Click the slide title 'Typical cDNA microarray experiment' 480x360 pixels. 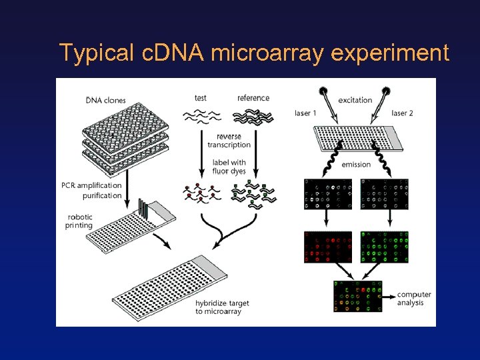coord(254,52)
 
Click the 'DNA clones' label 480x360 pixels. coord(105,101)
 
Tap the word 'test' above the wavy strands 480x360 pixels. coord(200,98)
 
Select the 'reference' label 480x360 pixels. coord(253,98)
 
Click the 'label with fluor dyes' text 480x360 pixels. coord(229,167)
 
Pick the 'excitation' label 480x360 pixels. coord(355,100)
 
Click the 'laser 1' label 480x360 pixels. coord(307,113)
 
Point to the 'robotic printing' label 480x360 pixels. coord(80,221)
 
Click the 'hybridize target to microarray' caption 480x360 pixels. coord(222,307)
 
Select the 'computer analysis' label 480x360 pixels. coord(413,299)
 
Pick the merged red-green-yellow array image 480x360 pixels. coord(357,297)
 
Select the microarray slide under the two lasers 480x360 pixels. coord(357,139)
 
